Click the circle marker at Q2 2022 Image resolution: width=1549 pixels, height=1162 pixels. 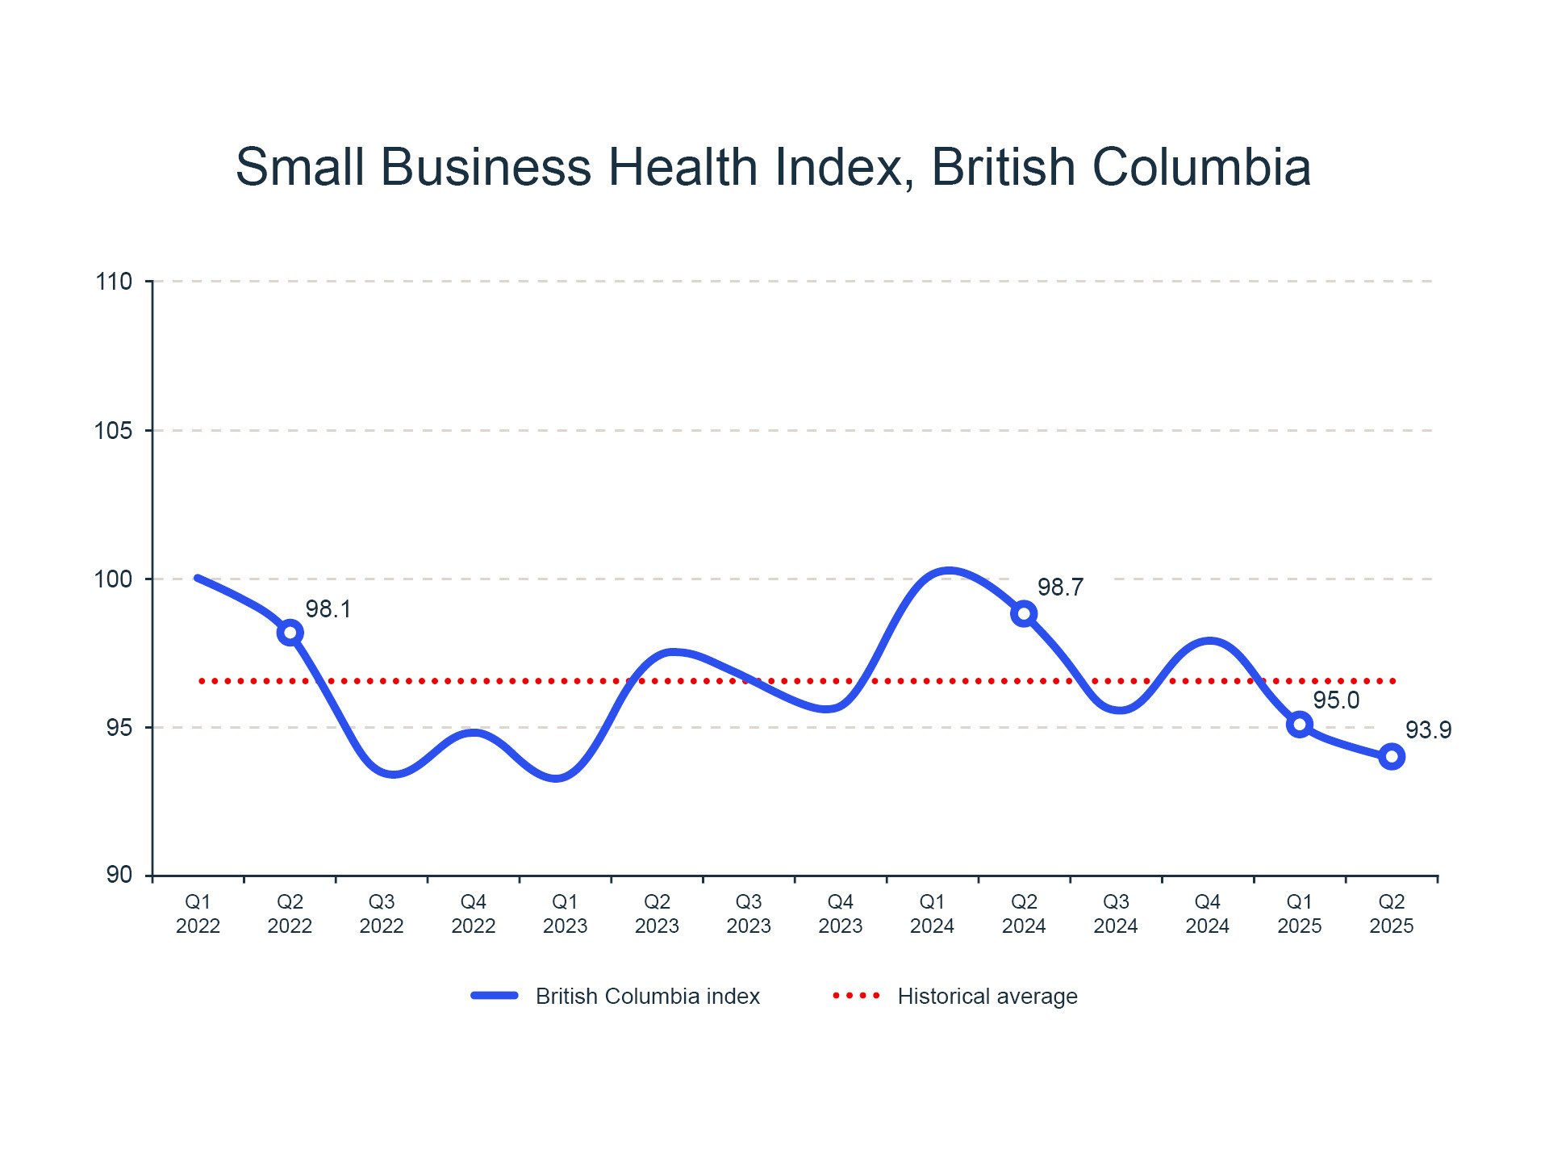[x=290, y=633]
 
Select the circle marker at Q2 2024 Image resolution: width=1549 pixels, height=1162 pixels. [x=1024, y=614]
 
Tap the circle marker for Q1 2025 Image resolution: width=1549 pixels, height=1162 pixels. [x=1299, y=725]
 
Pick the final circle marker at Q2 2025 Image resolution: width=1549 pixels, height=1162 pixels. [x=1391, y=757]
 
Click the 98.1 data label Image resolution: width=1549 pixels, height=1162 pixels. [x=328, y=609]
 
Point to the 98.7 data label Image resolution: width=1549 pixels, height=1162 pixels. [x=1060, y=587]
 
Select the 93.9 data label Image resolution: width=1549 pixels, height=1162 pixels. [x=1428, y=730]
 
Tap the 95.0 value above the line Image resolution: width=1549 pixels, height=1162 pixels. [x=1336, y=700]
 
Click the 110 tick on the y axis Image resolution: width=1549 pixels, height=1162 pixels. [x=114, y=282]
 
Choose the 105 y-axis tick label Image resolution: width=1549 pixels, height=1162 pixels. [x=114, y=431]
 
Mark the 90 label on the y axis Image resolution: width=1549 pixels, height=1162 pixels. [x=119, y=875]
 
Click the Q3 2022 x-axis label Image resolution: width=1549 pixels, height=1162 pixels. [x=382, y=913]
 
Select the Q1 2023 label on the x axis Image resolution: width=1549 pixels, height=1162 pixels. [x=565, y=913]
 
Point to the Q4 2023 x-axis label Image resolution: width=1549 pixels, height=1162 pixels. [x=840, y=913]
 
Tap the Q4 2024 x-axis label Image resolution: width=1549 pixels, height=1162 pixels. [x=1207, y=913]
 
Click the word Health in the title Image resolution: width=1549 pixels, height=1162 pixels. [x=683, y=167]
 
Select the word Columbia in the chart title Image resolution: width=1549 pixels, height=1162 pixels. [x=1200, y=167]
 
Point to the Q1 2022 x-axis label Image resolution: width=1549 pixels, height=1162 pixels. [x=198, y=913]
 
